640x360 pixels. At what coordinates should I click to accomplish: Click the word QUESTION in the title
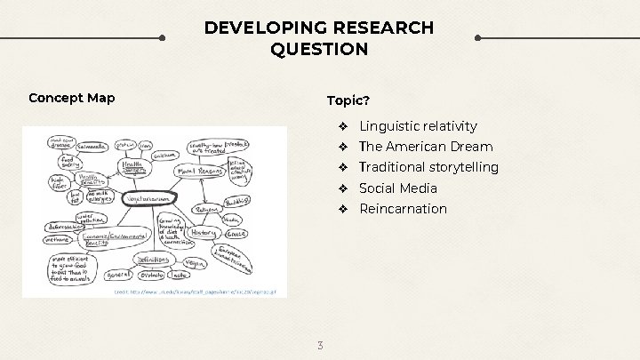pyautogui.click(x=319, y=49)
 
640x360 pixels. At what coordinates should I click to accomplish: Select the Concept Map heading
pyautogui.click(x=71, y=97)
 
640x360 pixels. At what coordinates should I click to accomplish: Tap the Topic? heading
pyautogui.click(x=348, y=97)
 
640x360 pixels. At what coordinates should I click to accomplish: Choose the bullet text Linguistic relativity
pyautogui.click(x=418, y=126)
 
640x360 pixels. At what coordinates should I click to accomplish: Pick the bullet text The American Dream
pyautogui.click(x=426, y=147)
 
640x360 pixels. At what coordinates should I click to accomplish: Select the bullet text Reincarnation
pyautogui.click(x=403, y=209)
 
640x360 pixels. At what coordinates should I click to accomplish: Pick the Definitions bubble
pyautogui.click(x=155, y=260)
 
